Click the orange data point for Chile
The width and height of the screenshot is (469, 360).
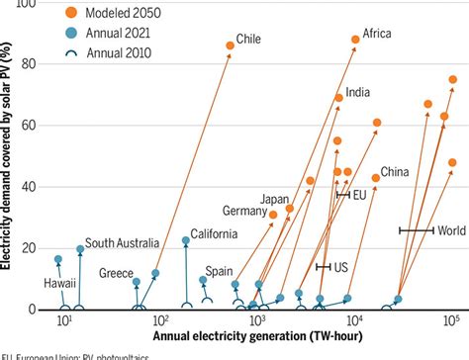pyautogui.click(x=231, y=45)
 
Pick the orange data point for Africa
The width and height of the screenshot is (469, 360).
pyautogui.click(x=355, y=40)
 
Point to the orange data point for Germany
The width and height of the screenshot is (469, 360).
pyautogui.click(x=274, y=215)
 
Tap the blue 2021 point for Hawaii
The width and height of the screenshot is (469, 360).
pyautogui.click(x=58, y=259)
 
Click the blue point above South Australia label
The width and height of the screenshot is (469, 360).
pyautogui.click(x=81, y=249)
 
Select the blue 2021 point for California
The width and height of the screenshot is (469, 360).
pyautogui.click(x=185, y=240)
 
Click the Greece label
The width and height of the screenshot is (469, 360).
pyautogui.click(x=116, y=274)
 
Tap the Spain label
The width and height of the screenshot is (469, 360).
pyautogui.click(x=220, y=270)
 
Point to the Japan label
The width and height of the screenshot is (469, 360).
pyautogui.click(x=273, y=199)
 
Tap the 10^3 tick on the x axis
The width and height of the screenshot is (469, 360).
pyautogui.click(x=256, y=322)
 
